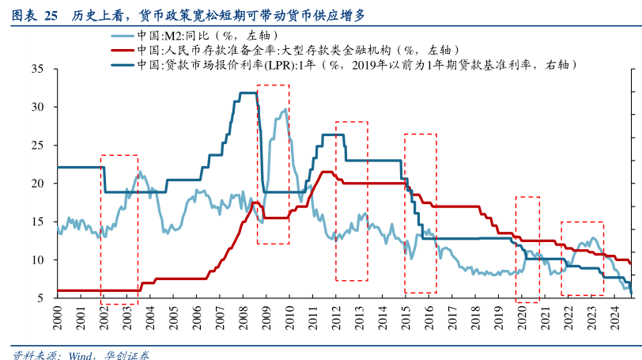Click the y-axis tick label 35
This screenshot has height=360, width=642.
coord(37,69)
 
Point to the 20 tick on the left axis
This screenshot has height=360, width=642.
coord(37,184)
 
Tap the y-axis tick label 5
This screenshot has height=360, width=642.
coord(40,298)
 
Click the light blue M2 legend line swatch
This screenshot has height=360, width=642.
coord(118,36)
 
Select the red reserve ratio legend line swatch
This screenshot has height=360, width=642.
coord(118,50)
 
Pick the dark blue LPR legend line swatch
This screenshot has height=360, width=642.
coord(118,64)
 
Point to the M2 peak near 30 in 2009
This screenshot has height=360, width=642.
coord(285,110)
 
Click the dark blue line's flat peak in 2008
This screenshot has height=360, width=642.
coord(247,93)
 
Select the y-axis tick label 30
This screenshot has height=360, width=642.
coord(37,107)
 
